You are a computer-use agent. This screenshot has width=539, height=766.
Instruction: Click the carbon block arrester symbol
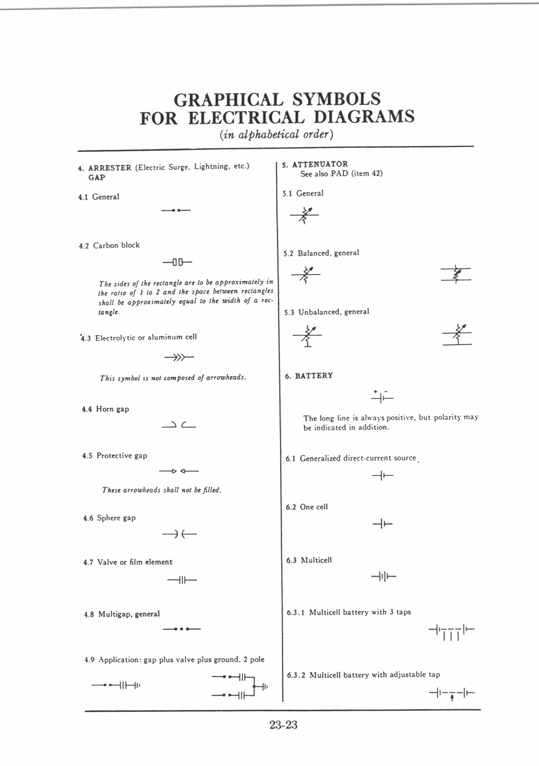pyautogui.click(x=177, y=261)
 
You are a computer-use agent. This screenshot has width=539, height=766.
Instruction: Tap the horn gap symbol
pyautogui.click(x=179, y=425)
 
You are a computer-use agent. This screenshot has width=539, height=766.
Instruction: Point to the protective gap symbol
pyautogui.click(x=179, y=471)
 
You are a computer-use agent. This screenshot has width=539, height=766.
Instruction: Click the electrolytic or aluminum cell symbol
pyautogui.click(x=179, y=358)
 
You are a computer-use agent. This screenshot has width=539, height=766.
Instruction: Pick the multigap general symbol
pyautogui.click(x=181, y=629)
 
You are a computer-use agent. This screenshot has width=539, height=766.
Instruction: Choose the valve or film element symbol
pyautogui.click(x=182, y=580)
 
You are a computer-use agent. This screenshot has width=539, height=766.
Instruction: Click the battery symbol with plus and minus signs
pyautogui.click(x=382, y=397)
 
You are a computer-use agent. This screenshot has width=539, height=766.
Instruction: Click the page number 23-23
pyautogui.click(x=283, y=725)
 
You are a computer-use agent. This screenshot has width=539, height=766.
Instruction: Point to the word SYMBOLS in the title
pyautogui.click(x=336, y=99)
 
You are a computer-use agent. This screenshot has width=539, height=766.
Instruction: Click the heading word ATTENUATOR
pyautogui.click(x=320, y=164)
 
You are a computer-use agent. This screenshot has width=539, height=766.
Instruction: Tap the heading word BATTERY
pyautogui.click(x=314, y=376)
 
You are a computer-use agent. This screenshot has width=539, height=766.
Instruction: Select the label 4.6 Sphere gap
pyautogui.click(x=109, y=518)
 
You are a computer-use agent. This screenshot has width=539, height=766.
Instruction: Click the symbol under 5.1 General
pyautogui.click(x=304, y=215)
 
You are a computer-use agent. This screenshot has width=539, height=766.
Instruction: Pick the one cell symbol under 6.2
pyautogui.click(x=383, y=523)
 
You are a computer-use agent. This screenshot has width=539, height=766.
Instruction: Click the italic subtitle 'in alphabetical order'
pyautogui.click(x=276, y=134)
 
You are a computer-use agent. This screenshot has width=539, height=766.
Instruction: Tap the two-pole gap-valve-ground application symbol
pyautogui.click(x=240, y=685)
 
